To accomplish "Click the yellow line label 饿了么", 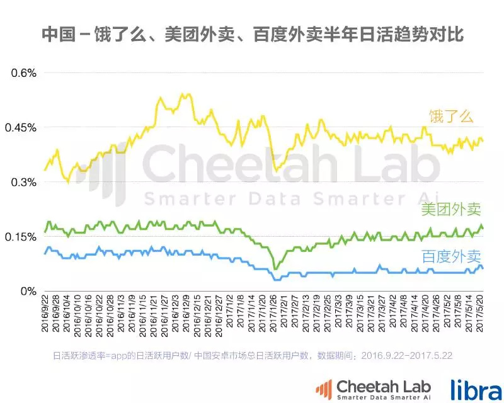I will (x=451, y=116).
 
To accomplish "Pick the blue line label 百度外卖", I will (x=450, y=256).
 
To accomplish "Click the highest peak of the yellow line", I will (x=182, y=94).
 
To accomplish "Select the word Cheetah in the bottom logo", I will (x=364, y=385).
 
